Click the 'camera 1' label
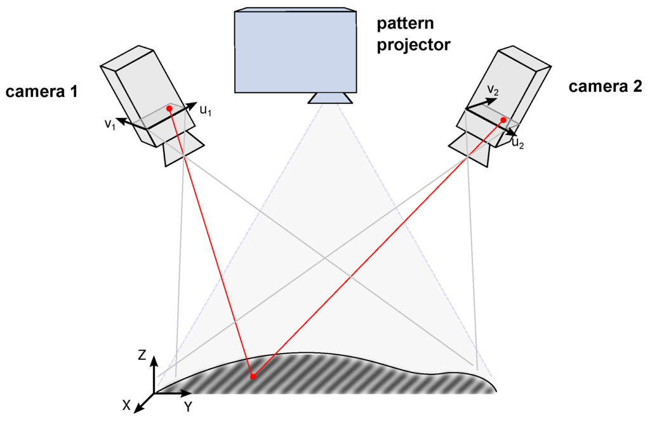coord(41,91)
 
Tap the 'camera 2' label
coord(605,87)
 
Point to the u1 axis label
coord(205,110)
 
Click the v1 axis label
coord(110,123)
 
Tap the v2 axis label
coord(493,91)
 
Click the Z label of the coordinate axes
coord(142,355)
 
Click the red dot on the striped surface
coord(253,377)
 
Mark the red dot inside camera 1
coord(169,109)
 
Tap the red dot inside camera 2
coord(503,120)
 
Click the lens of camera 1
coord(183,150)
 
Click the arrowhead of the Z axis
coord(154,361)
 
